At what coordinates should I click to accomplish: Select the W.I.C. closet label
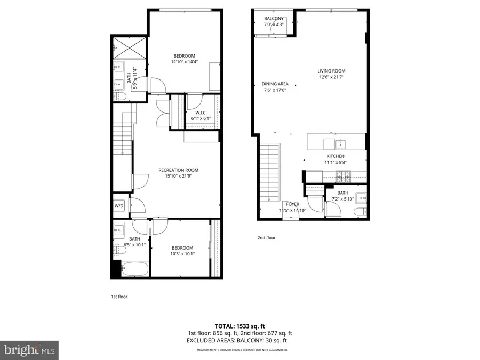pyautogui.click(x=201, y=113)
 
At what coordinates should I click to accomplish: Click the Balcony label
pyautogui.click(x=274, y=19)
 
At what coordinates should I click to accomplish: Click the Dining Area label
pyautogui.click(x=275, y=84)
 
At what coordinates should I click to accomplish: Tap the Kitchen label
pyautogui.click(x=335, y=156)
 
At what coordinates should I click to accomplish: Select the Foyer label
pyautogui.click(x=292, y=204)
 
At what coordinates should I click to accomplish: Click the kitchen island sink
pyautogui.click(x=340, y=143)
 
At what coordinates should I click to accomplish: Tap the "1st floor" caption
pyautogui.click(x=119, y=296)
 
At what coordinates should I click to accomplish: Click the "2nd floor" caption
pyautogui.click(x=267, y=238)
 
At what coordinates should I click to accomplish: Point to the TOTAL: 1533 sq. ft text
pyautogui.click(x=239, y=325)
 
